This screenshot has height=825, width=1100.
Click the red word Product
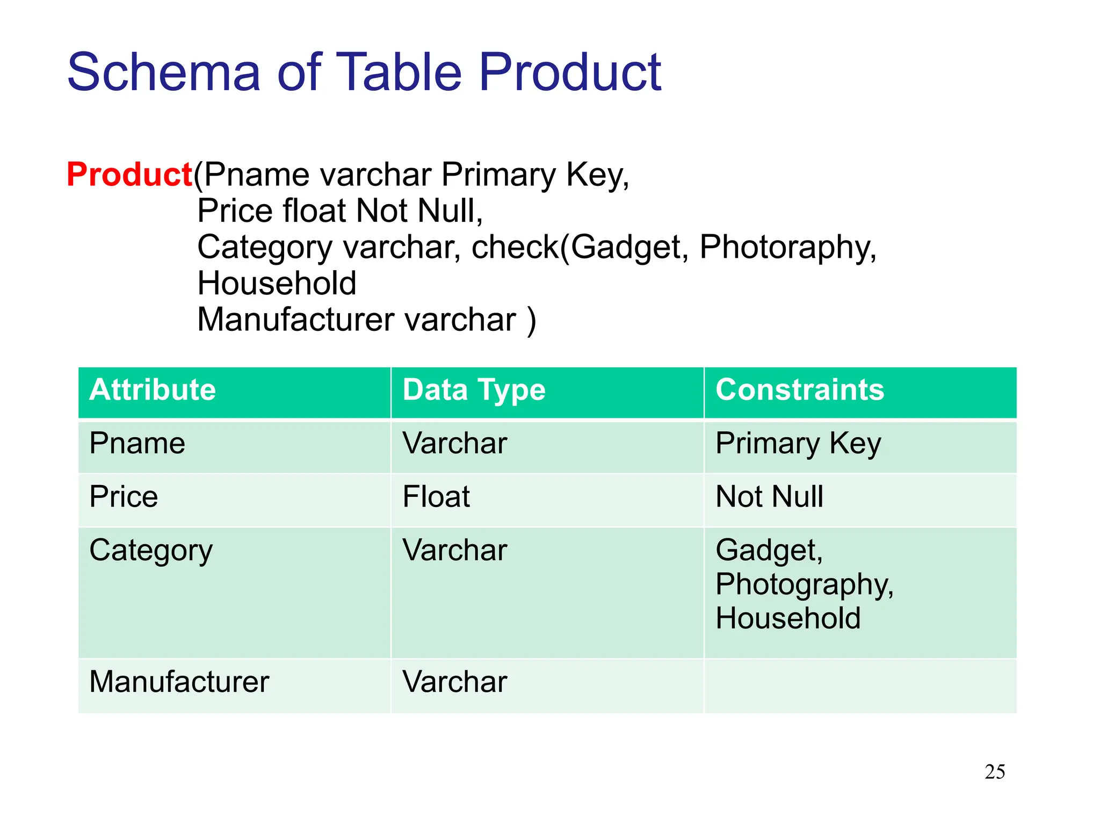click(x=129, y=175)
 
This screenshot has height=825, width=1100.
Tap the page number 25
click(x=995, y=772)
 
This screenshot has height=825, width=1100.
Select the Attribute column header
click(x=153, y=390)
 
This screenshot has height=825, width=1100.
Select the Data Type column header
click(x=474, y=390)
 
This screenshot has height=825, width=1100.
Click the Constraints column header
click(x=799, y=390)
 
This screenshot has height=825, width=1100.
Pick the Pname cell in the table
click(x=137, y=444)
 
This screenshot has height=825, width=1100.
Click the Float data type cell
click(x=436, y=497)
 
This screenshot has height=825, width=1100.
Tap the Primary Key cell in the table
click(x=798, y=444)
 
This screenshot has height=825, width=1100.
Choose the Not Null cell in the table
click(x=769, y=497)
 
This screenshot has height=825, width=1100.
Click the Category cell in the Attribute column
click(x=151, y=551)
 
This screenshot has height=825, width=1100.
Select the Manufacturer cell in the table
click(x=179, y=682)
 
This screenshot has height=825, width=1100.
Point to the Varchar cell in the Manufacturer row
click(x=454, y=682)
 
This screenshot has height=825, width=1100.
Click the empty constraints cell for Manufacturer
click(x=859, y=686)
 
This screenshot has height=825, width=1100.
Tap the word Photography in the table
click(x=804, y=585)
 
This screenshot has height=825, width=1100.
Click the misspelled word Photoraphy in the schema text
click(x=787, y=248)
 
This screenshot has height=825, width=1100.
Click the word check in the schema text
click(x=515, y=248)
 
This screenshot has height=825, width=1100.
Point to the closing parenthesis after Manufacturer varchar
click(x=531, y=321)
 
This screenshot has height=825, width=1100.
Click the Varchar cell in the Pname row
click(x=454, y=444)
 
